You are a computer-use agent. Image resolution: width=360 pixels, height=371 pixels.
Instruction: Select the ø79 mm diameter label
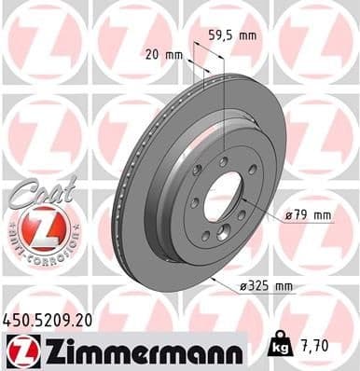[308, 215]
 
